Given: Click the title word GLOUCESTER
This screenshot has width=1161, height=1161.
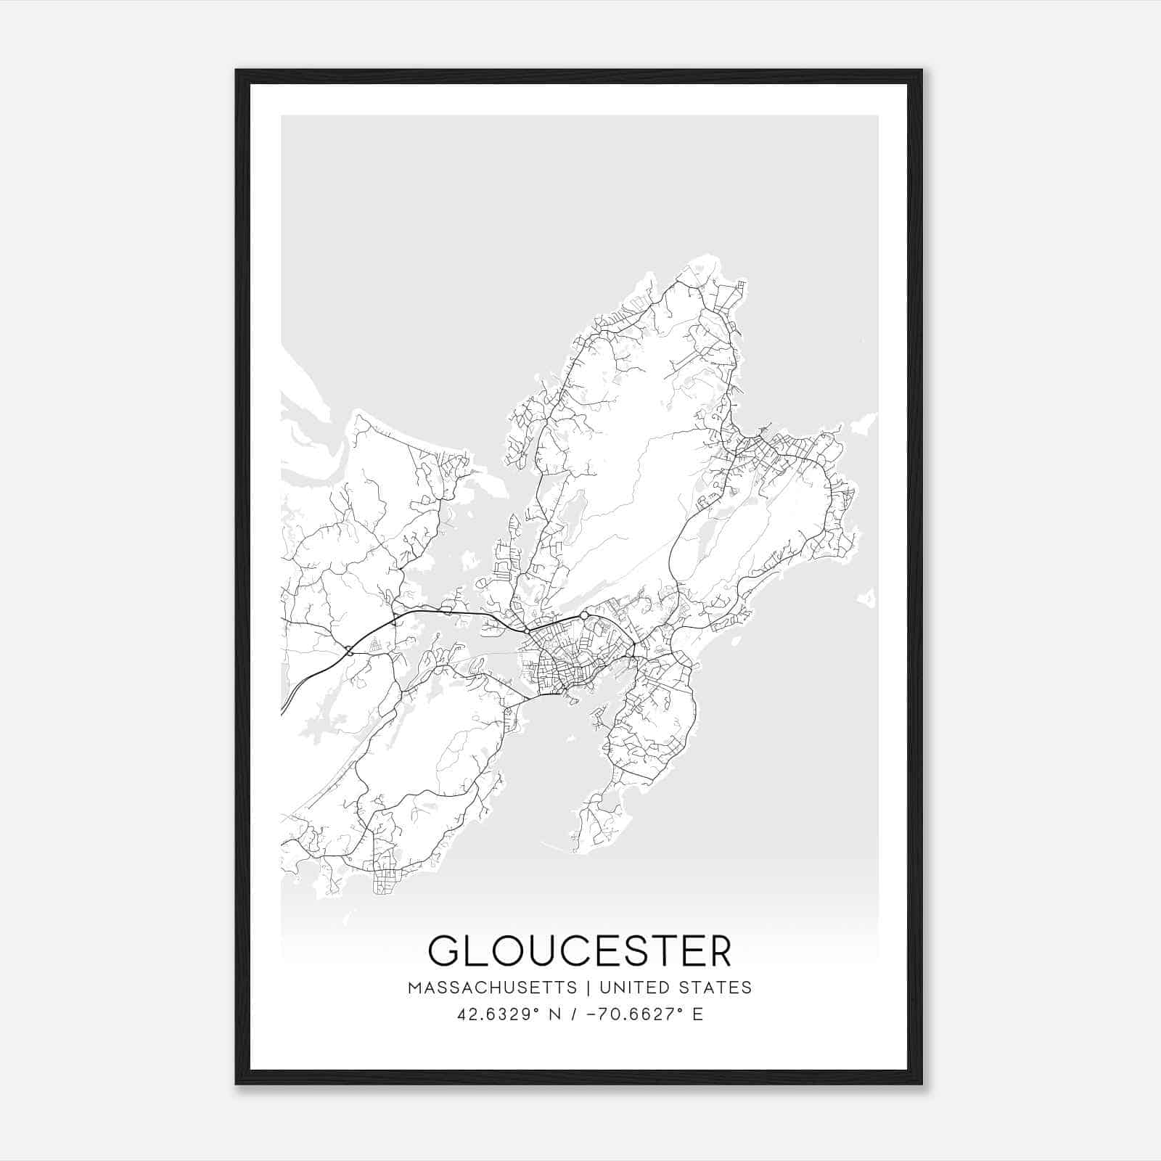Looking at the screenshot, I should click(x=580, y=951).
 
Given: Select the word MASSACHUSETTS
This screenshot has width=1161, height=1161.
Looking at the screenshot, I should click(x=492, y=988).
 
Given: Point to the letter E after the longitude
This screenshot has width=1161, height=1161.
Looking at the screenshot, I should click(x=698, y=1014).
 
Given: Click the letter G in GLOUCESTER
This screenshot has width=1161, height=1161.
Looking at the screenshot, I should click(x=444, y=951).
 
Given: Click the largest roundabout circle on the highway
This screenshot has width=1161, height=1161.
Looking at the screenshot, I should click(x=584, y=616).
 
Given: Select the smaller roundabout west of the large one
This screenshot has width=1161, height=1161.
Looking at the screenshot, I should click(x=527, y=631).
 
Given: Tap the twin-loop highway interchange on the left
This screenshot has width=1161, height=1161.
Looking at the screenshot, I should click(x=350, y=651).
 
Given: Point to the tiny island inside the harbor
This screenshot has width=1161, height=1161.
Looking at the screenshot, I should click(x=573, y=700).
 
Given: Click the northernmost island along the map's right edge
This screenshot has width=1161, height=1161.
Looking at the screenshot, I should click(x=863, y=421).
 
